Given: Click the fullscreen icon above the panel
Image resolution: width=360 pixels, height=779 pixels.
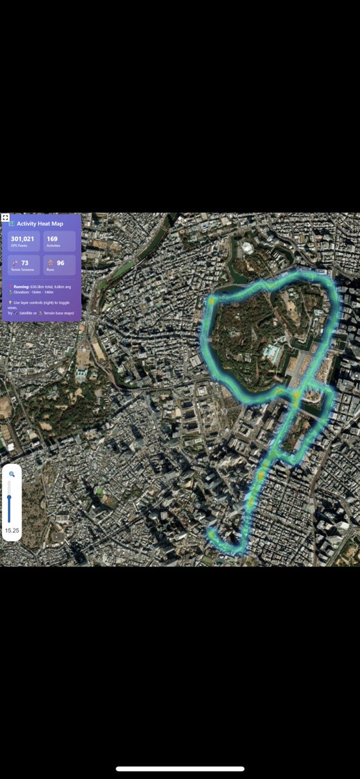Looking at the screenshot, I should tap(5, 218).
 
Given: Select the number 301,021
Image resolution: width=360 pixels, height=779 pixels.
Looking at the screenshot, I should tap(22, 238).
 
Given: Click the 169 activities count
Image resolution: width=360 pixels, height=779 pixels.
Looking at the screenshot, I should tap(52, 238).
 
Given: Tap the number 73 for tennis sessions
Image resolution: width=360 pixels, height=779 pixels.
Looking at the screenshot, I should tap(25, 263).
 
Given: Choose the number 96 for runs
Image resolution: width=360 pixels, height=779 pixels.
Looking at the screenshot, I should tap(60, 263).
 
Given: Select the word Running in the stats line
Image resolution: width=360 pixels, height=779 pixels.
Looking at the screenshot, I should tap(21, 286).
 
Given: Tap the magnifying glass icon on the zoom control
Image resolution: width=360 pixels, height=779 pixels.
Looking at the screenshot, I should tap(12, 474).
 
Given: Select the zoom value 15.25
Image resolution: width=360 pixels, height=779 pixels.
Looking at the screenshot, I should tap(12, 531).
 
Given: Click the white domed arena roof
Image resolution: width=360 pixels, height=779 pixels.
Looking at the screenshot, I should tap(248, 248).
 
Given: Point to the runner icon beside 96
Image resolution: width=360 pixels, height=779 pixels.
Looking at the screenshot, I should tap(51, 263).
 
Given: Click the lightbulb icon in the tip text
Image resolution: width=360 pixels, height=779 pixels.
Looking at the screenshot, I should tap(10, 303).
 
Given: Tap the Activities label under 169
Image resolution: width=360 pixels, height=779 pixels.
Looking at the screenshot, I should tap(53, 246).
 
